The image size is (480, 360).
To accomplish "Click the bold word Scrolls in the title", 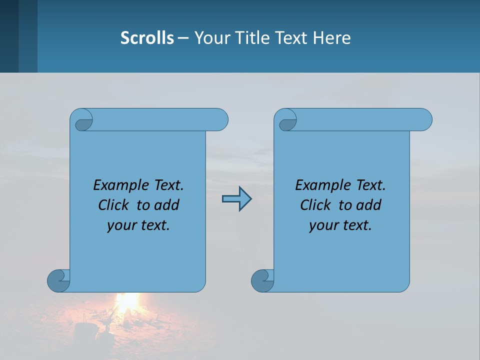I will click(x=147, y=37).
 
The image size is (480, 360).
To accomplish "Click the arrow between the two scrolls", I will click(x=236, y=199).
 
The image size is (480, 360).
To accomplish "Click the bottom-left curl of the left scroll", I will click(x=58, y=280).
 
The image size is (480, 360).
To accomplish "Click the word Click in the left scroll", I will click(x=109, y=205).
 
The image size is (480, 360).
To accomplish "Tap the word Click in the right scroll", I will click(x=311, y=205).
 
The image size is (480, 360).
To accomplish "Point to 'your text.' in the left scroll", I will click(x=138, y=225).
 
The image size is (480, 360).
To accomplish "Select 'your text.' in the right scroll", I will click(x=340, y=225).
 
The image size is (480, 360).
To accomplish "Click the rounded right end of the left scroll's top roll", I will click(x=220, y=120).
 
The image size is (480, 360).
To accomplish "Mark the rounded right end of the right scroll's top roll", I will click(x=424, y=120).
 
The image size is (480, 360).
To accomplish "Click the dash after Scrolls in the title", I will click(x=183, y=38).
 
